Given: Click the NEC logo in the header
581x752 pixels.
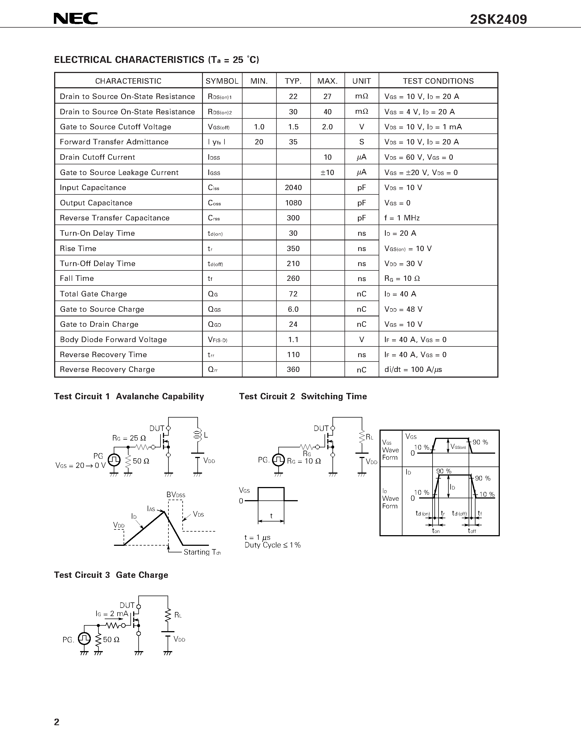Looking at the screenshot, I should click(76, 19).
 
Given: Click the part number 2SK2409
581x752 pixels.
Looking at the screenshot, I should click(498, 19).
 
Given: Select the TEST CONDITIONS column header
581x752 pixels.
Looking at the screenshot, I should click(438, 81).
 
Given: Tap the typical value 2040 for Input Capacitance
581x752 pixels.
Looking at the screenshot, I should click(293, 188).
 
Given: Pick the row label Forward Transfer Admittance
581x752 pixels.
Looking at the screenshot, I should click(114, 142).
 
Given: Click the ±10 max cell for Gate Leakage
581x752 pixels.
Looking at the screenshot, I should click(327, 173).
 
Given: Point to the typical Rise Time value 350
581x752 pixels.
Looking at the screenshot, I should click(293, 249).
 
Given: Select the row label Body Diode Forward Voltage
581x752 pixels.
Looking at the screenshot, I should click(113, 340).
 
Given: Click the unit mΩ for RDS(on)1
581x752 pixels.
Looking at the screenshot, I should click(361, 97).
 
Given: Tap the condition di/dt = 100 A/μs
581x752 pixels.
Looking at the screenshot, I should click(413, 370).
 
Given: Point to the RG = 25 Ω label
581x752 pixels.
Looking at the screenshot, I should click(129, 438).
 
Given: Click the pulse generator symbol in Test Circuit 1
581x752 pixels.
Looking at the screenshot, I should click(114, 460).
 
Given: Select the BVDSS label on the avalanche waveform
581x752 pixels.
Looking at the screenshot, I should click(176, 495).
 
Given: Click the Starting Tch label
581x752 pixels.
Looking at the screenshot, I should click(202, 552).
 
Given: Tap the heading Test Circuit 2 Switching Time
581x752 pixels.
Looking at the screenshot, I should click(303, 396).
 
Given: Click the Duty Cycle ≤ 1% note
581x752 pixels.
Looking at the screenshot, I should click(273, 545).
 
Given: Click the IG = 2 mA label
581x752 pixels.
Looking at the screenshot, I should click(112, 614).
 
